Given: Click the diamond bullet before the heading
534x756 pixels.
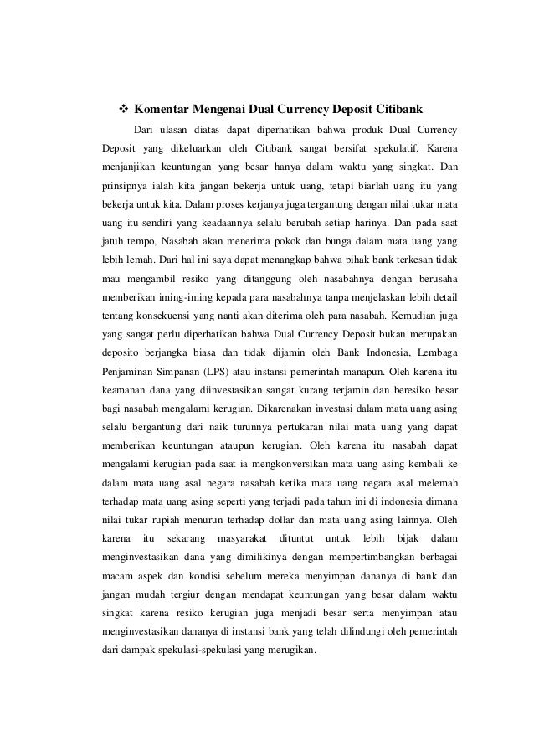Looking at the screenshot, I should coord(121,110).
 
